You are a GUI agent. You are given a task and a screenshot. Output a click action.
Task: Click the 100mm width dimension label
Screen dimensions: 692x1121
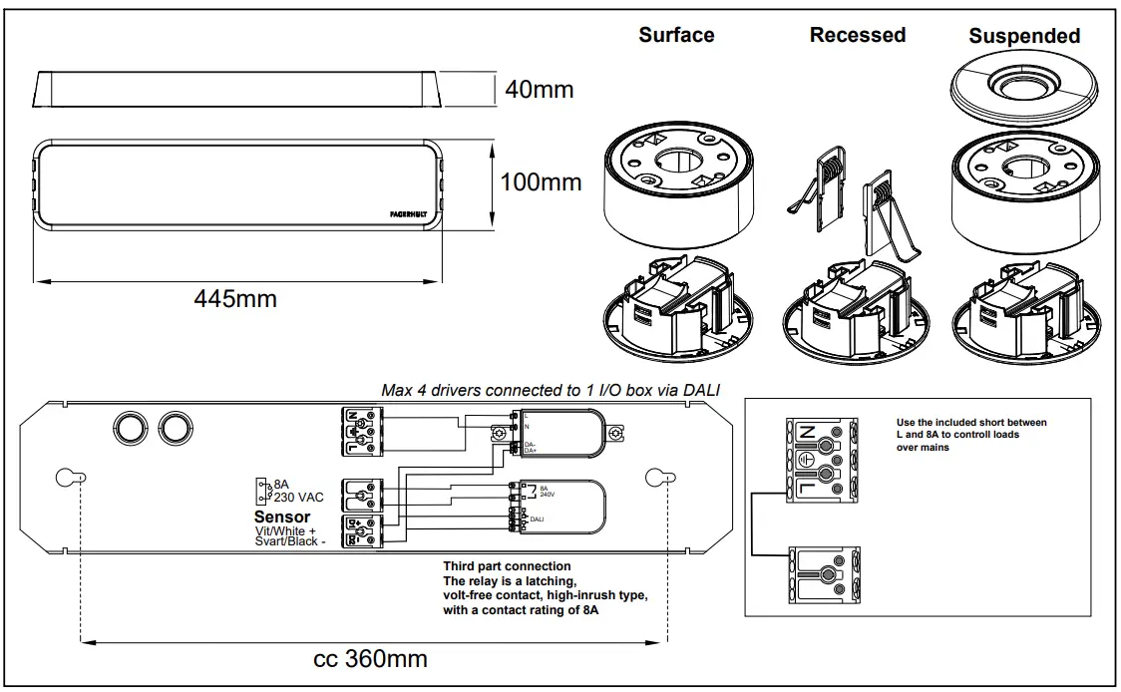pyautogui.click(x=542, y=182)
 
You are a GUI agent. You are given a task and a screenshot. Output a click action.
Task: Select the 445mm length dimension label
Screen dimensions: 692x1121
pyautogui.click(x=235, y=299)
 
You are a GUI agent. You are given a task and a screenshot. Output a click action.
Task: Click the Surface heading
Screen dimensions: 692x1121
pyautogui.click(x=676, y=35)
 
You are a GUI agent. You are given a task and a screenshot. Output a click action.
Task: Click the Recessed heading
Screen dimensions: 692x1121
pyautogui.click(x=858, y=35)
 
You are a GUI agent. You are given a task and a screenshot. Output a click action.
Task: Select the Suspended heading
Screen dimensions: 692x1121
pyautogui.click(x=1024, y=36)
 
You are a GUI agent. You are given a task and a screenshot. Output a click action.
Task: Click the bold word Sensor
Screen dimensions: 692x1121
pyautogui.click(x=282, y=517)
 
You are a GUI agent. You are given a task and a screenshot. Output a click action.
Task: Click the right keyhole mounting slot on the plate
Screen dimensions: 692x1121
pyautogui.click(x=655, y=478)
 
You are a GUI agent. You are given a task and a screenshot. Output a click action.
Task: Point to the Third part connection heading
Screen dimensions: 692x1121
pyautogui.click(x=507, y=566)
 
